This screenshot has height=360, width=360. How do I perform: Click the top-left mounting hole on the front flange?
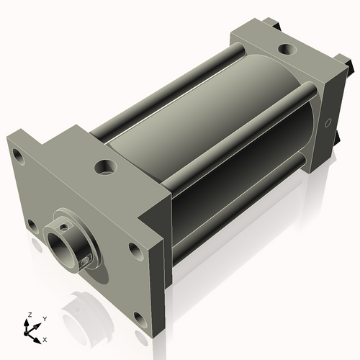click(x=17, y=153)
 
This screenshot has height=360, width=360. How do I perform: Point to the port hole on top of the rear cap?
click(x=286, y=50)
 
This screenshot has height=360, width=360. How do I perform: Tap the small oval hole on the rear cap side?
click(x=330, y=123)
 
